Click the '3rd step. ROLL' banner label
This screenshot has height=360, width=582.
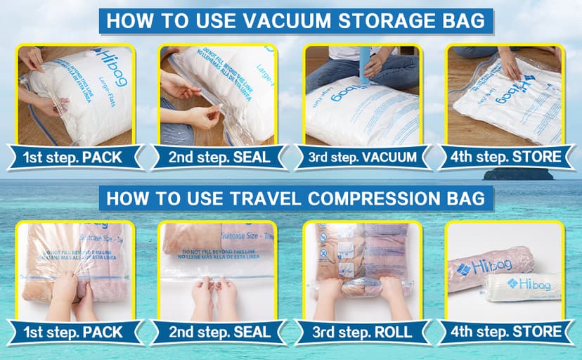362,331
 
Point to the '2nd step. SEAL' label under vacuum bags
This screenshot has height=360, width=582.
219,156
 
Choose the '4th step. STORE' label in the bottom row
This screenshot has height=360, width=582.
505,331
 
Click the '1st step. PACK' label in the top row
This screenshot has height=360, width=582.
73,156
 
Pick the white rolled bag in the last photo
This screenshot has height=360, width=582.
523,285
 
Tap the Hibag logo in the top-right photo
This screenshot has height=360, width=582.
523,78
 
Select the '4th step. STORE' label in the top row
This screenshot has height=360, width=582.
505,156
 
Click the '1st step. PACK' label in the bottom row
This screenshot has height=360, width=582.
73,331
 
